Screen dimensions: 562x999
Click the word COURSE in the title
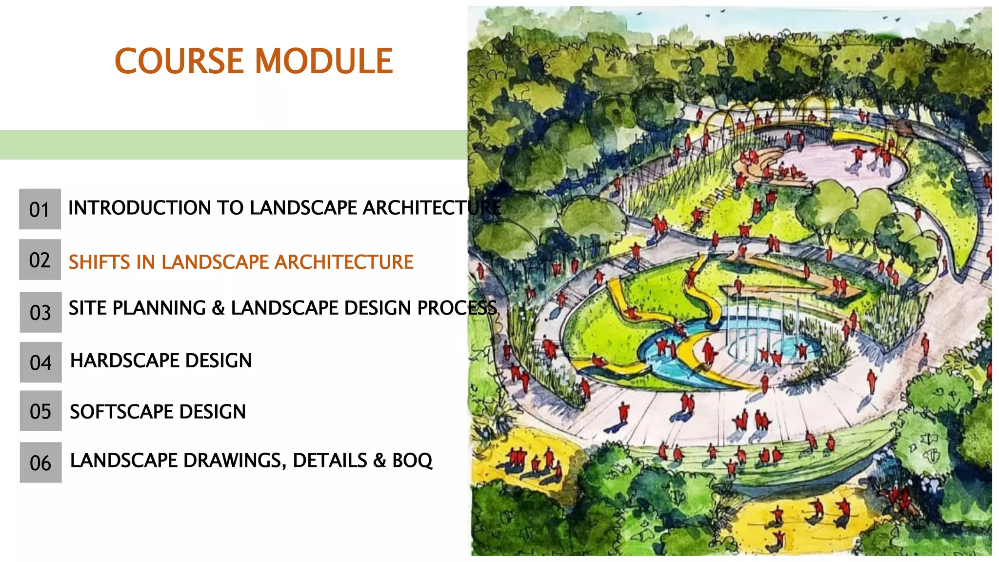tap(179, 61)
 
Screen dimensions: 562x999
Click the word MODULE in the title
tap(324, 61)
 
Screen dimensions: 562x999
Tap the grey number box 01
tap(40, 209)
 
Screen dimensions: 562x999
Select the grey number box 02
tap(40, 260)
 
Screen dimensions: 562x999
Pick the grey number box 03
tap(40, 312)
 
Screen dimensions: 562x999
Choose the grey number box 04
tap(40, 362)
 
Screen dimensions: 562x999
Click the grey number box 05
tap(40, 411)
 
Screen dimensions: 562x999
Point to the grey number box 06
tap(40, 462)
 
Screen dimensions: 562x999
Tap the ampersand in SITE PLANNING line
tap(218, 308)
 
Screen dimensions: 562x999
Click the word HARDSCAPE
tap(124, 361)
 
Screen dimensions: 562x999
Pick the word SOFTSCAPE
tap(121, 412)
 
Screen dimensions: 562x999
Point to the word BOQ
tap(412, 461)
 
